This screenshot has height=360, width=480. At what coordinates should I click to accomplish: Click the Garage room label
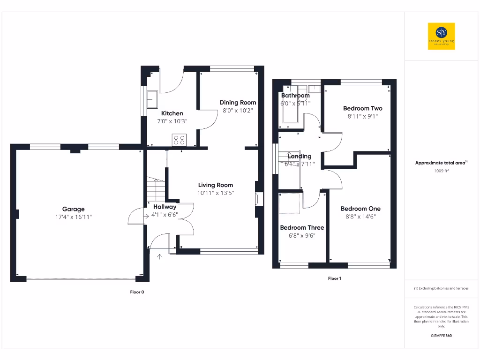click(74, 209)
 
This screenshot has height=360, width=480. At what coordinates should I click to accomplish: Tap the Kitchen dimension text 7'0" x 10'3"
click(172, 121)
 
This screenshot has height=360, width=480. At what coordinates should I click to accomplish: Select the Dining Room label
click(238, 103)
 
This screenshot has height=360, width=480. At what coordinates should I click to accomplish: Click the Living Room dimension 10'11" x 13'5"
click(216, 193)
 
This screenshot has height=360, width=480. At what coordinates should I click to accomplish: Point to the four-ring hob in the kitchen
click(179, 139)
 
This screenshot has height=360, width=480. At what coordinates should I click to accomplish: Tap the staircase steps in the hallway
click(156, 190)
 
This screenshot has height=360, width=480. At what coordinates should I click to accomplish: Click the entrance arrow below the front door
click(159, 256)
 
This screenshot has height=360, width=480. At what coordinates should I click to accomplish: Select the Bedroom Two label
click(363, 108)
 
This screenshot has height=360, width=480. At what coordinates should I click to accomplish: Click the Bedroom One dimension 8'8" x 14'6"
click(360, 217)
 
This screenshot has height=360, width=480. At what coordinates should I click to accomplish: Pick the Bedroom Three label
click(302, 228)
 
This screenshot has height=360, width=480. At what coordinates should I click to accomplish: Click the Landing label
click(300, 156)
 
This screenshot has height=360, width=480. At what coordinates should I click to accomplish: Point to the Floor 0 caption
click(137, 292)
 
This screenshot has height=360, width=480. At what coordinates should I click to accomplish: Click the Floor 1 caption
click(334, 278)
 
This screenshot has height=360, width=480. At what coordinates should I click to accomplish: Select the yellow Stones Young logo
click(441, 36)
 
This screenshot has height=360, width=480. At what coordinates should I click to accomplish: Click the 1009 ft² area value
click(441, 171)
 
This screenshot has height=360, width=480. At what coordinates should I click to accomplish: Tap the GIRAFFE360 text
click(441, 336)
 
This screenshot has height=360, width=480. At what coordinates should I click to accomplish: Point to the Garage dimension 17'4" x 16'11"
click(74, 217)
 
